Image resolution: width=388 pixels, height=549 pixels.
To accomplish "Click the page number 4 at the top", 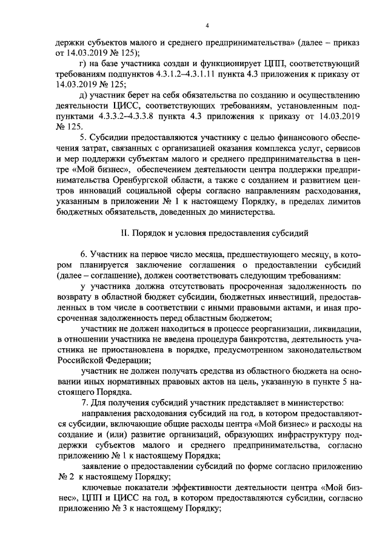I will click(207, 25).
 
